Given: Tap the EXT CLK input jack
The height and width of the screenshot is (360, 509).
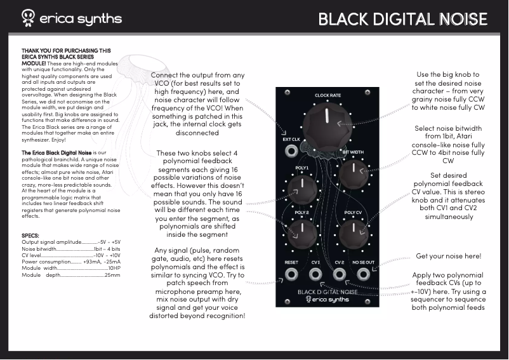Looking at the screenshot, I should click(x=291, y=151).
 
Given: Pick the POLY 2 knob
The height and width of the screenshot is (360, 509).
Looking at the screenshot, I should click(x=303, y=230).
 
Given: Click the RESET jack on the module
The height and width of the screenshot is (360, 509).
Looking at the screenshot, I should click(x=291, y=275).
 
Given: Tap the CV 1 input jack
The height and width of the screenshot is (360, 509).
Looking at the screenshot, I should click(x=315, y=275).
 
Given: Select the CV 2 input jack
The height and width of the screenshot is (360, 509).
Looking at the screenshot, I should click(x=340, y=275).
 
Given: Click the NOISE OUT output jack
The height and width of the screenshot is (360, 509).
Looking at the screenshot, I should click(x=364, y=275).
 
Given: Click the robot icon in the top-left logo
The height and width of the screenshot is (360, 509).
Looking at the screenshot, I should click(x=28, y=17).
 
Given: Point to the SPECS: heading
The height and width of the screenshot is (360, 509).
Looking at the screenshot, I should click(x=30, y=235).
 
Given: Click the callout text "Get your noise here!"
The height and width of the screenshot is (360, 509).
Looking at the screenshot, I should click(x=448, y=256).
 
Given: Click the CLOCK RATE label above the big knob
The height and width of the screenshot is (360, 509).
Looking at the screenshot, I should click(x=327, y=95).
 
